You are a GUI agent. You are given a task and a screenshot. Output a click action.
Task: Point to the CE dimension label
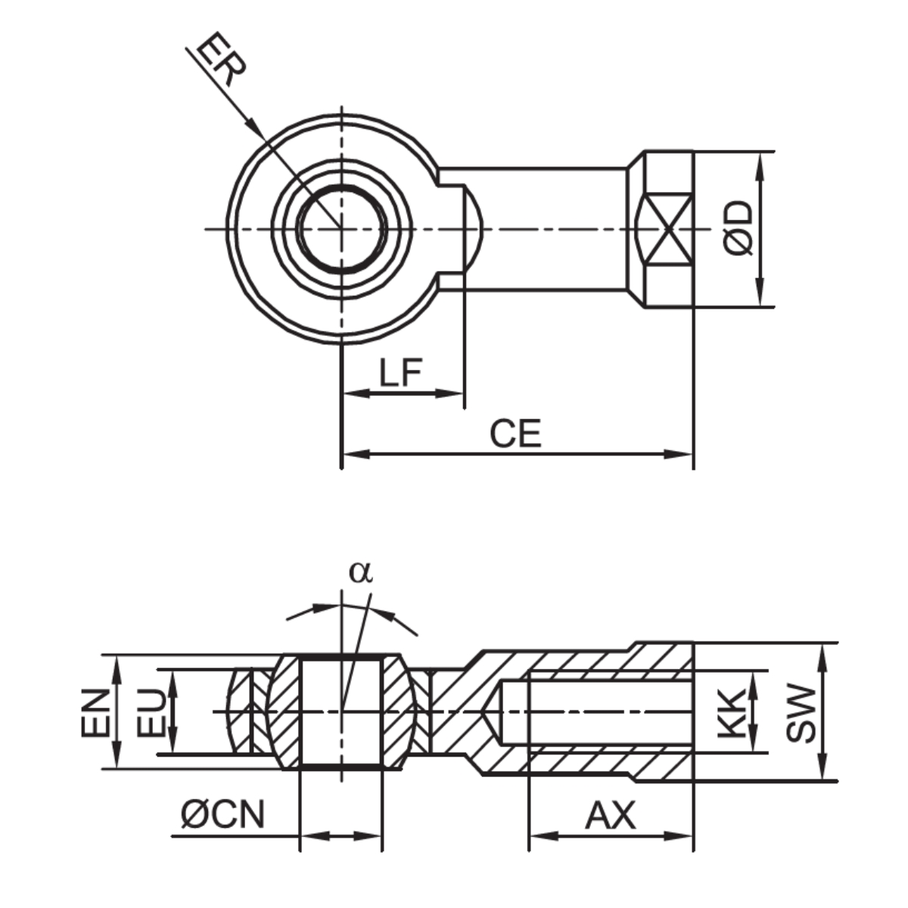click(515, 434)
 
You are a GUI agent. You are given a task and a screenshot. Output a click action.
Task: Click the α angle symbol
click(361, 572)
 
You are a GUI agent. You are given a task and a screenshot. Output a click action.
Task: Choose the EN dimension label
click(96, 711)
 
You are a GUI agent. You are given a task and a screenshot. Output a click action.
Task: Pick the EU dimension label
click(151, 711)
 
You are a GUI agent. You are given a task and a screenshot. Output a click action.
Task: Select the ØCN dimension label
click(223, 815)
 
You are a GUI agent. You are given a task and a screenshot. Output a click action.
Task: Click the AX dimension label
click(611, 816)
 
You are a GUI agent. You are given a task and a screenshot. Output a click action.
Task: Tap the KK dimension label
click(731, 711)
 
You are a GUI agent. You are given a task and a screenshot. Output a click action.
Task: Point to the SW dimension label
click(801, 711)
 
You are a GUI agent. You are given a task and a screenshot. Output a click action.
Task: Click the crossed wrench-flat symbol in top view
click(665, 229)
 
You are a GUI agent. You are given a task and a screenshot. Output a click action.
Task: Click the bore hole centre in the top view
click(342, 228)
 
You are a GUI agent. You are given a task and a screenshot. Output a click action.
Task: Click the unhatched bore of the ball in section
click(342, 711)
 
